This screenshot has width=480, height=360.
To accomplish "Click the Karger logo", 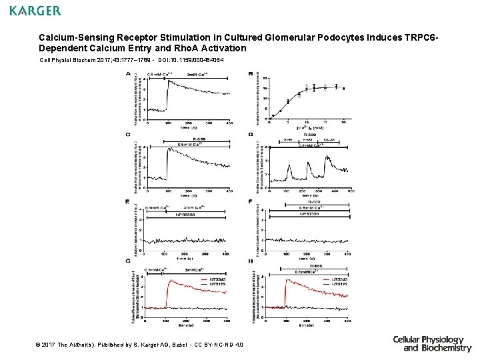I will tap(35, 11).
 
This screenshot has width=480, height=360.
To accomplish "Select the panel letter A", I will tap(128, 74).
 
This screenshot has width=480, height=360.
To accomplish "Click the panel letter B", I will tap(250, 74).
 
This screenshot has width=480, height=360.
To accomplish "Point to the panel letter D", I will tap(250, 135).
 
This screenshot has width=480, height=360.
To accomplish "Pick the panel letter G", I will tap(128, 261).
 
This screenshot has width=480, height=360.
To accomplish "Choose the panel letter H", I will tap(250, 261).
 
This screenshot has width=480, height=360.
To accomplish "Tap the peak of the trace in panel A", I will tap(169, 81).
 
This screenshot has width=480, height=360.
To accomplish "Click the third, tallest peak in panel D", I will tap(327, 157).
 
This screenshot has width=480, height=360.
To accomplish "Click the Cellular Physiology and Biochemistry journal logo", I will tap(431, 343).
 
